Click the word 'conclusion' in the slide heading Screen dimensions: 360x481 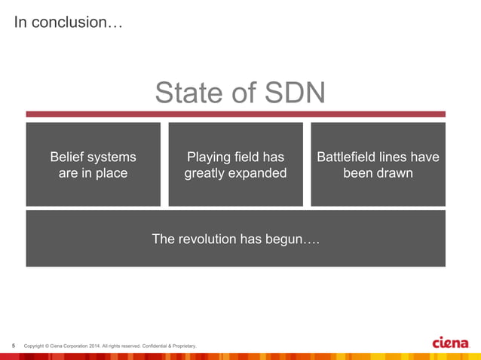pos(76,23)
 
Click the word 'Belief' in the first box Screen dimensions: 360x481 pos(69,157)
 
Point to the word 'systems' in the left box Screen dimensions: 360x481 pos(113,157)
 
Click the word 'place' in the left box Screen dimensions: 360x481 pos(110,173)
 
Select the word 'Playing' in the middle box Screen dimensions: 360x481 pos(210,157)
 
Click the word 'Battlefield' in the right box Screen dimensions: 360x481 pos(350,157)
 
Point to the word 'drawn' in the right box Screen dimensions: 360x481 pos(394,173)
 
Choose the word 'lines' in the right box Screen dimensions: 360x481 pos(400,157)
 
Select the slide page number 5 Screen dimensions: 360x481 pos(14,346)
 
